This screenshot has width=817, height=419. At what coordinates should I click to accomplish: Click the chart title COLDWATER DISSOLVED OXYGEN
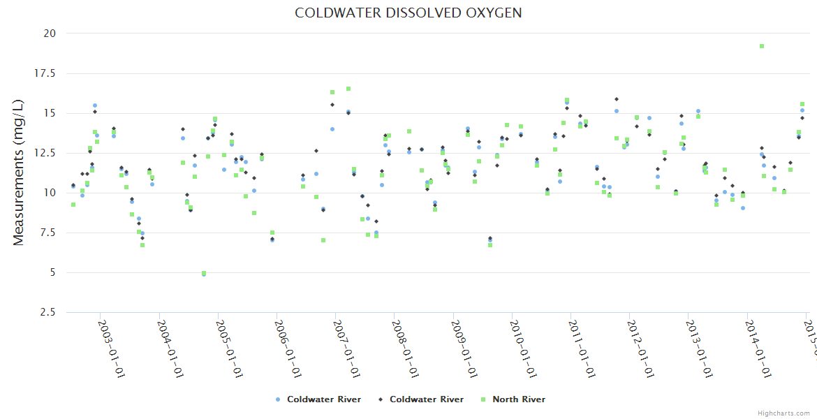pyautogui.click(x=408, y=13)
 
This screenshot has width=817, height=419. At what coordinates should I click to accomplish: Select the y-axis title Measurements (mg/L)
pyautogui.click(x=19, y=172)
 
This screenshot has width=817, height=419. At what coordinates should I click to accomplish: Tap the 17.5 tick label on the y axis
pyautogui.click(x=46, y=73)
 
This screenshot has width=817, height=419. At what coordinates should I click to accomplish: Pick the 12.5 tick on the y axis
pyautogui.click(x=46, y=153)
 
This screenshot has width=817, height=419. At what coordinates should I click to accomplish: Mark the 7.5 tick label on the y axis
pyautogui.click(x=48, y=233)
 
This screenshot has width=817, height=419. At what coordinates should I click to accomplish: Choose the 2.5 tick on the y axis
pyautogui.click(x=48, y=312)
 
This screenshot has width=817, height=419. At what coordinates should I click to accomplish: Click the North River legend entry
pyautogui.click(x=518, y=399)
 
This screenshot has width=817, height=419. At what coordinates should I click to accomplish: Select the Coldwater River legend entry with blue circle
pyautogui.click(x=323, y=399)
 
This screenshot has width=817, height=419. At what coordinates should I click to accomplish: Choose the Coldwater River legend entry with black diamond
pyautogui.click(x=426, y=399)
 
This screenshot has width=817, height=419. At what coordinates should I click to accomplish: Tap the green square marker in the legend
pyautogui.click(x=483, y=399)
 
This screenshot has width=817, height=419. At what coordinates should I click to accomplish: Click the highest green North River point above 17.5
pyautogui.click(x=762, y=46)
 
